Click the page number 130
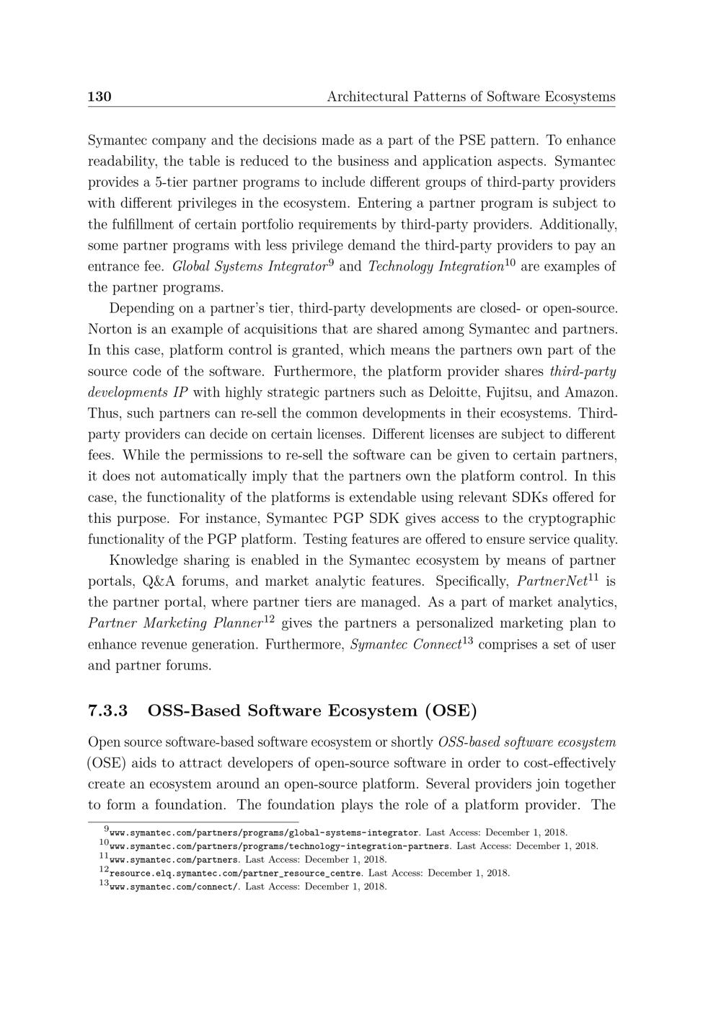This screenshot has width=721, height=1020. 99,97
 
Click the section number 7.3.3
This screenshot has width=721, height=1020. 108,711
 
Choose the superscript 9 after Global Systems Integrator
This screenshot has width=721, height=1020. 331,263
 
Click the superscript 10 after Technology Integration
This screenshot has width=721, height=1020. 510,263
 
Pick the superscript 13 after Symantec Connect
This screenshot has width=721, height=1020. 467,640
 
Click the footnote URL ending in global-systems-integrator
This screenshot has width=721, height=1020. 264,832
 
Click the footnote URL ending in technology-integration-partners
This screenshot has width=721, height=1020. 280,846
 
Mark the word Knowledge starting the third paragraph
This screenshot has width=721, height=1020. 143,560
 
